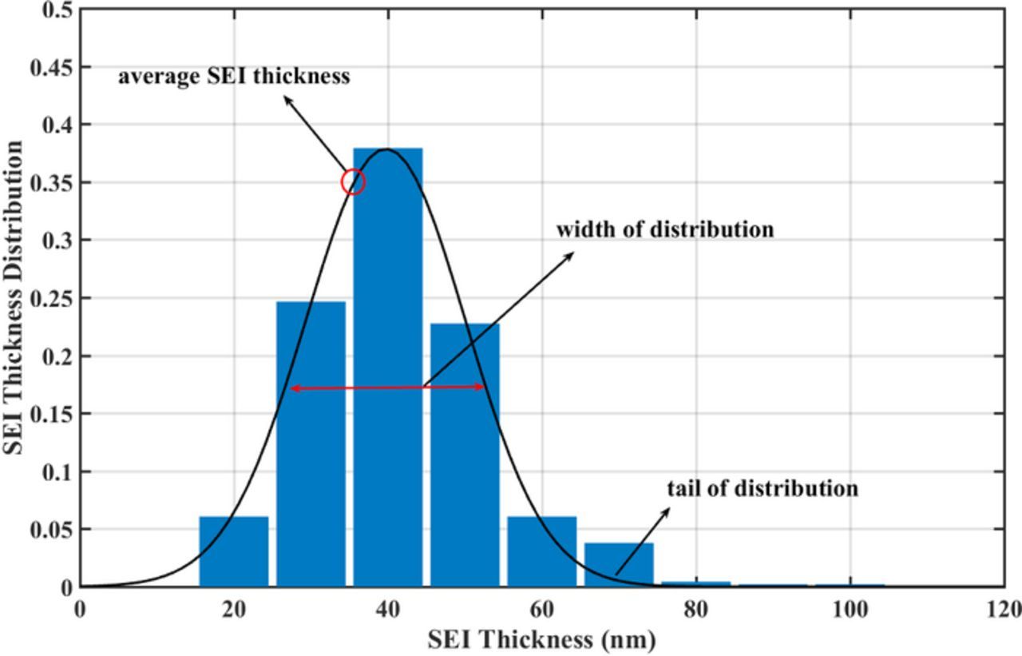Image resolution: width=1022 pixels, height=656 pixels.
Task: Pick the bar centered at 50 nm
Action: (465, 455)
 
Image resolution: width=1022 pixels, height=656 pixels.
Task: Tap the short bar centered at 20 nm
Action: (234, 551)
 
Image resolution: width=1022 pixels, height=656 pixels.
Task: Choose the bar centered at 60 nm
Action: (542, 551)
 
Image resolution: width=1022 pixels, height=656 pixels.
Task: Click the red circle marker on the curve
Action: (353, 182)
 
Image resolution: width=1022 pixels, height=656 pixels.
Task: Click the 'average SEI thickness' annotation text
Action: (234, 77)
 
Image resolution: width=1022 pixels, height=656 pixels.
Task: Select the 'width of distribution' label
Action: (665, 229)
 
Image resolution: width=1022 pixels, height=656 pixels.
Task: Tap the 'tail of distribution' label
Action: (763, 487)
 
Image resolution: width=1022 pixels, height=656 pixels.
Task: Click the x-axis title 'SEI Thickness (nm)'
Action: (541, 639)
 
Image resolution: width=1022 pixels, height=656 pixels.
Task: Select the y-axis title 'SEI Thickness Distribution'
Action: (14, 297)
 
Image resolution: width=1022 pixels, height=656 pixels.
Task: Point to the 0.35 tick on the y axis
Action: (52, 182)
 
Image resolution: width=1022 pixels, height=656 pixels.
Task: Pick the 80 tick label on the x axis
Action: (696, 610)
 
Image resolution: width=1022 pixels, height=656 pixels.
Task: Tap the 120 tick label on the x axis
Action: (1002, 610)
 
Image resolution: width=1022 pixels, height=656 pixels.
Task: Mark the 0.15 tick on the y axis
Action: (52, 413)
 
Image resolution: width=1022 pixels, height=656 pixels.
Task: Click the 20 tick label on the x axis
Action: (234, 610)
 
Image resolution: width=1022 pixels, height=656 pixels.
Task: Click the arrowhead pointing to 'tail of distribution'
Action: (667, 511)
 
